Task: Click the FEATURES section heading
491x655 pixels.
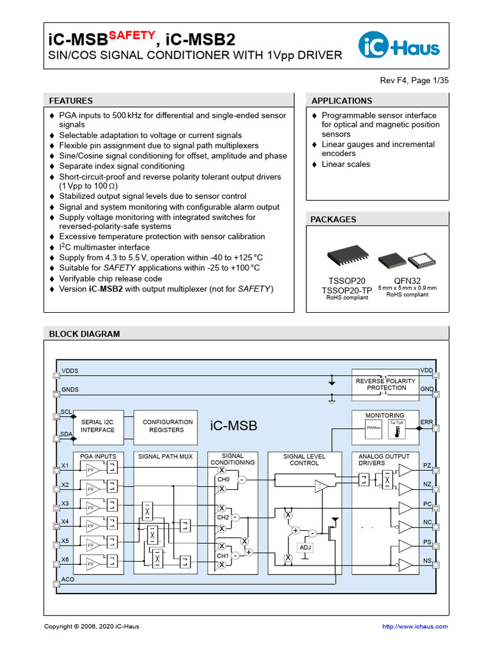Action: click(x=71, y=100)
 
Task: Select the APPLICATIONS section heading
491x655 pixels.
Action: click(x=341, y=100)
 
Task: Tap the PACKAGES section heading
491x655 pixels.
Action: click(x=333, y=219)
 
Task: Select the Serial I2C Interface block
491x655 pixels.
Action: click(x=98, y=426)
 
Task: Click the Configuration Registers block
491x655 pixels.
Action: click(x=168, y=426)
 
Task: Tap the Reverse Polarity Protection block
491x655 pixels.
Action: click(x=386, y=384)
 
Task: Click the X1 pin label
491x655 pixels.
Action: click(x=65, y=465)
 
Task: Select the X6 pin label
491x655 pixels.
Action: click(x=65, y=560)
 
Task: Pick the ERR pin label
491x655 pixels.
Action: click(x=427, y=422)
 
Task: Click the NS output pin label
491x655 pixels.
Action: click(x=427, y=561)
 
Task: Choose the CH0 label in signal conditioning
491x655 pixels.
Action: click(x=223, y=479)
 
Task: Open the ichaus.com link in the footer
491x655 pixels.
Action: click(x=414, y=626)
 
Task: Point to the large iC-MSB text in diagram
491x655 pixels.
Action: click(x=233, y=426)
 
